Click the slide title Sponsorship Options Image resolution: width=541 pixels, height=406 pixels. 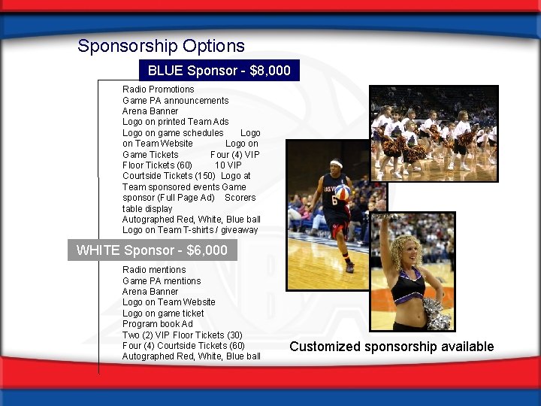tap(161, 46)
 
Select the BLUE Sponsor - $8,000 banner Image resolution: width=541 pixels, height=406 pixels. tap(219, 71)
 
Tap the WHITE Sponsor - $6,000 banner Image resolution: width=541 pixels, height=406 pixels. tap(152, 250)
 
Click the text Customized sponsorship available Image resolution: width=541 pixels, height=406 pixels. tap(391, 347)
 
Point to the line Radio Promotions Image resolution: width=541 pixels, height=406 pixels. tap(158, 89)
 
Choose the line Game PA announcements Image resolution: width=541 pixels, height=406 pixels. tap(175, 101)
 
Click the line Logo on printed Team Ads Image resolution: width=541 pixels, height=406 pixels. tap(175, 122)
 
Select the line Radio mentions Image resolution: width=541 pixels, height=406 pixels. tap(154, 270)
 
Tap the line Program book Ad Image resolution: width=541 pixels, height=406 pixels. tap(157, 324)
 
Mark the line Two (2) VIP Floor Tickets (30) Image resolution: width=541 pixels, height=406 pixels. tap(182, 335)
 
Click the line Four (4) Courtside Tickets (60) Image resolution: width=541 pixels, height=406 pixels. tap(183, 346)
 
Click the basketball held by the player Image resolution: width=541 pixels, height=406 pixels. tap(343, 192)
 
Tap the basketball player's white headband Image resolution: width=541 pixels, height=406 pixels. tap(335, 164)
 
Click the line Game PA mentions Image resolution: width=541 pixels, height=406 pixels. tap(162, 281)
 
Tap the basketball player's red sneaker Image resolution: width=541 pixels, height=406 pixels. tap(349, 267)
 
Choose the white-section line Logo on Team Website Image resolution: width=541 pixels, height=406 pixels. tap(168, 302)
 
